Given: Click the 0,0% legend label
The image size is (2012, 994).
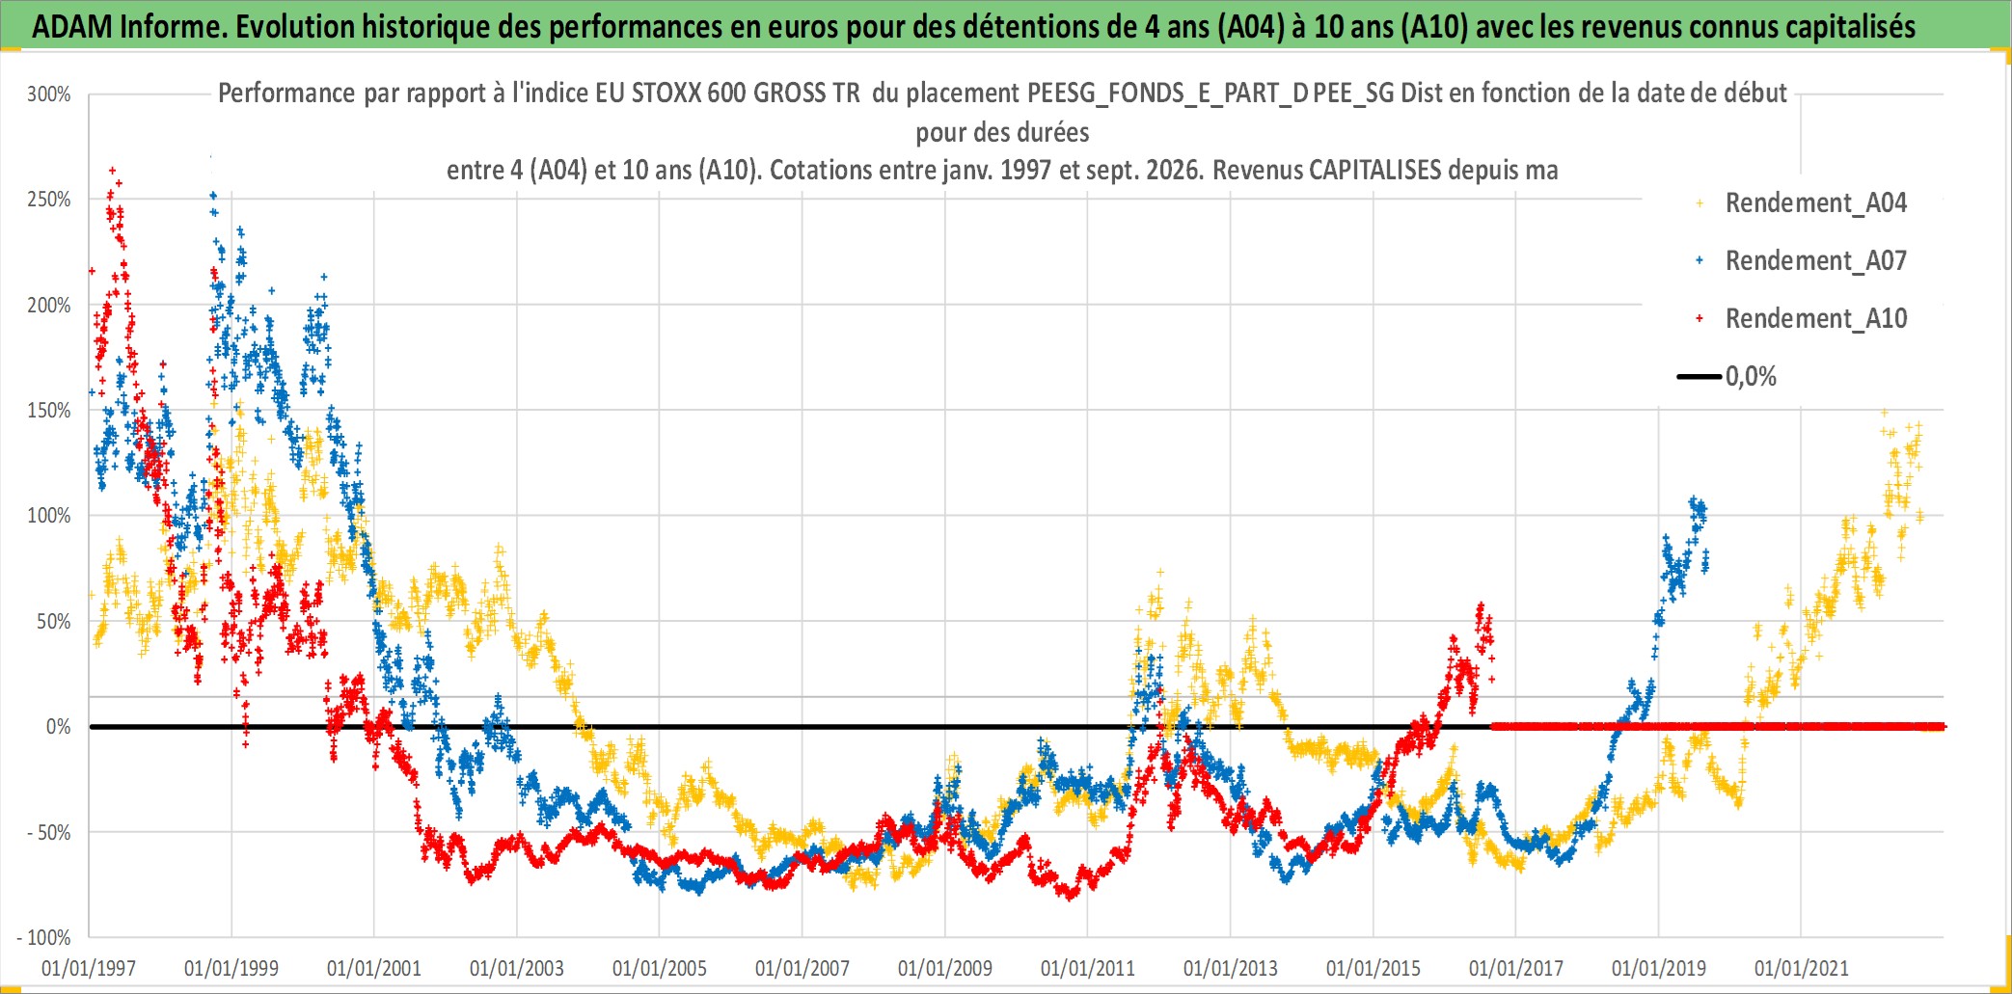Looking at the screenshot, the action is [x=1751, y=376].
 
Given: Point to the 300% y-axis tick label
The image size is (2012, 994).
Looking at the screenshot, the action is [x=49, y=94].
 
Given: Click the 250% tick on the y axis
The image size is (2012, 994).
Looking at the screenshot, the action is [x=49, y=200].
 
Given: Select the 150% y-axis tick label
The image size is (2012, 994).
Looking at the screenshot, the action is [x=49, y=411].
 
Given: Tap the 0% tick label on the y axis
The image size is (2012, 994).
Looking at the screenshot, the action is [x=59, y=727].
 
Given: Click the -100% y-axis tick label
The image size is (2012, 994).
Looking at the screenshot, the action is [x=44, y=937].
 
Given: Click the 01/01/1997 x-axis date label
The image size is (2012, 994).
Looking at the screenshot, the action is [x=89, y=968].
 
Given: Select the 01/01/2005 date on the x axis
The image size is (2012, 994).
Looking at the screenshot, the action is [x=660, y=968].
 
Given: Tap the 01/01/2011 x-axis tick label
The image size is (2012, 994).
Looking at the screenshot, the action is [x=1088, y=968].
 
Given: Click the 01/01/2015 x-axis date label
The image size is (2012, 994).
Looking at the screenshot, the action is [x=1373, y=968].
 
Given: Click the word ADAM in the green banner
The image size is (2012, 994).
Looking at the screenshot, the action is [x=72, y=27].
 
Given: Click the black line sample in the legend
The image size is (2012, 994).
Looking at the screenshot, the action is [x=1699, y=376].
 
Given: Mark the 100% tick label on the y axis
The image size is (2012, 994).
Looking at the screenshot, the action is [x=49, y=516].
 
